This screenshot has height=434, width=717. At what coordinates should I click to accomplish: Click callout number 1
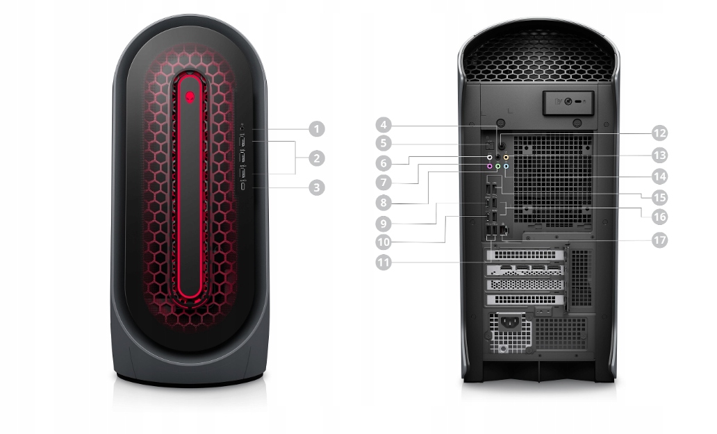(x=317, y=128)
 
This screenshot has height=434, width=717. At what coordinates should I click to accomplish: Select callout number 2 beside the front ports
(x=317, y=158)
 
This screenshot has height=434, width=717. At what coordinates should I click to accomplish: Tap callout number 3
(x=317, y=187)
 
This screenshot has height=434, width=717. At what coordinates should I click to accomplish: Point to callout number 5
(x=384, y=144)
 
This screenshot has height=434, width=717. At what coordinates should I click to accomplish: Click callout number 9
(x=384, y=224)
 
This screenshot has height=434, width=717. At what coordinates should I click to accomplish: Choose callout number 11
(x=384, y=262)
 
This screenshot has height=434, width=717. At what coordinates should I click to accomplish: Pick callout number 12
(x=659, y=133)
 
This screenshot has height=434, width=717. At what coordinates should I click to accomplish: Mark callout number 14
(x=659, y=176)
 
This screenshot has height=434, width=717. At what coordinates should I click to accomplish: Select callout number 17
(x=659, y=240)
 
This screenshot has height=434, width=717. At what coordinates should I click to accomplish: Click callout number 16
(x=659, y=216)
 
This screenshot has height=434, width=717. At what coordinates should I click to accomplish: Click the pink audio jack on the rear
(x=490, y=167)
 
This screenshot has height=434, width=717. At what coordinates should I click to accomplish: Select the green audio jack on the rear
(x=497, y=167)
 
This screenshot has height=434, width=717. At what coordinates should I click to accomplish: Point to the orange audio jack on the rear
(x=506, y=158)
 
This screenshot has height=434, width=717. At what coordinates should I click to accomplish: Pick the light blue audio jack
(x=506, y=167)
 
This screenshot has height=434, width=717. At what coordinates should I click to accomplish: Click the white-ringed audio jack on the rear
(x=490, y=158)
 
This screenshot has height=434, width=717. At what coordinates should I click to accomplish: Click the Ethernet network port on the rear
(x=504, y=230)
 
